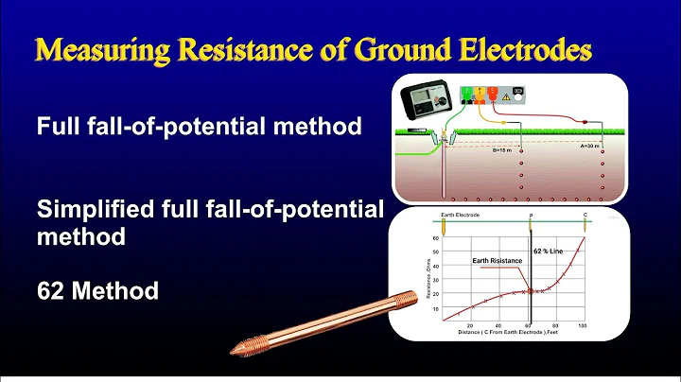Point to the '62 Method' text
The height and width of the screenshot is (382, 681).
coord(97,290)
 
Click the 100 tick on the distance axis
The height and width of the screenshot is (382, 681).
coord(582,324)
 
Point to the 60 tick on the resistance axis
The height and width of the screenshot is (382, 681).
coord(435,238)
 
